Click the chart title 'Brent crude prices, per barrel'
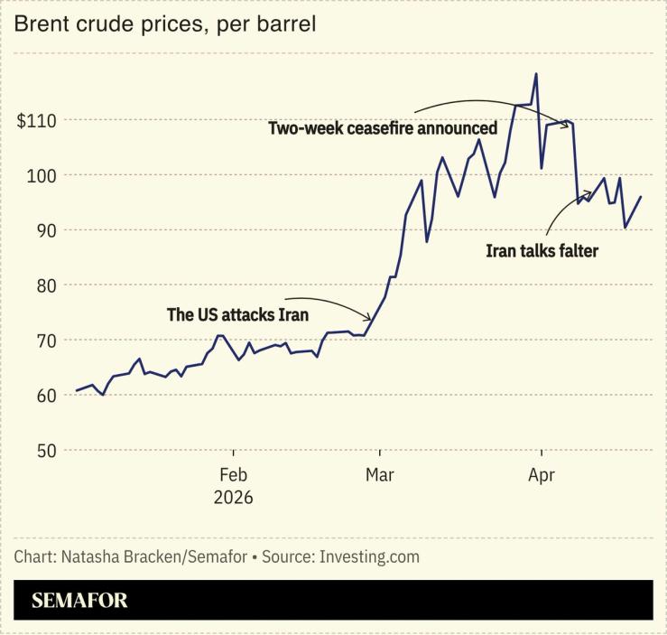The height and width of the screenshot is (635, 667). click(164, 24)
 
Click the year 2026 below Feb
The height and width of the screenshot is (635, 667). click(233, 498)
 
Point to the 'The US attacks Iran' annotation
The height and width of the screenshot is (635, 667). click(238, 315)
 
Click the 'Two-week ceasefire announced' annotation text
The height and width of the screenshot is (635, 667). click(383, 128)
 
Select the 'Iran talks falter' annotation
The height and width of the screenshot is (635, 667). click(542, 251)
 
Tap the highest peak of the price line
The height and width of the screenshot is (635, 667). click(536, 74)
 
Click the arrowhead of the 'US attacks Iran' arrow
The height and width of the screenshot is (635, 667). click(370, 319)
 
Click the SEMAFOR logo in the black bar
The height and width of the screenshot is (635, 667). click(80, 600)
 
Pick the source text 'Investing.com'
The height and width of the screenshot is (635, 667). click(369, 556)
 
